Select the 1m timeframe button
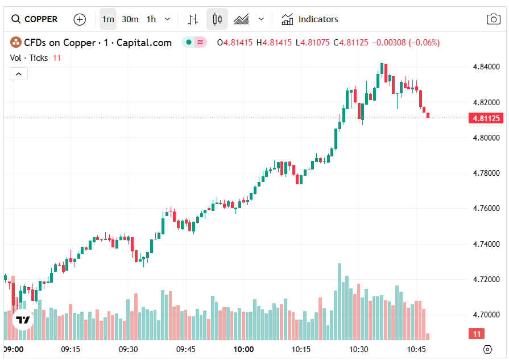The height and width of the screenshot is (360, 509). (x=107, y=19)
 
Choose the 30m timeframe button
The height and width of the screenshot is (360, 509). (x=130, y=19)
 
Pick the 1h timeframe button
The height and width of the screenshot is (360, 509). (x=151, y=19)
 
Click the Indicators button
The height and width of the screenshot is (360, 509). (x=310, y=19)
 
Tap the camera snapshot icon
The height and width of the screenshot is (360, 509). (x=493, y=19)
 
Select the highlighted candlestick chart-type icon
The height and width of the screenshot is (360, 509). (x=217, y=19)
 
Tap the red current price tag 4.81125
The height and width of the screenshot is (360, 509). (x=485, y=118)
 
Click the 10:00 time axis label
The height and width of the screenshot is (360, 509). (x=243, y=349)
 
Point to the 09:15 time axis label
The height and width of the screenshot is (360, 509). (x=71, y=349)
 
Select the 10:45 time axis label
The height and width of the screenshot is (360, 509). (x=417, y=349)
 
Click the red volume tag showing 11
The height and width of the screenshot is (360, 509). (x=477, y=334)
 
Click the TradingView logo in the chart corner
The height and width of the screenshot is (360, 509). (x=23, y=320)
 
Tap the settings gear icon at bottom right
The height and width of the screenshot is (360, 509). (x=487, y=349)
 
